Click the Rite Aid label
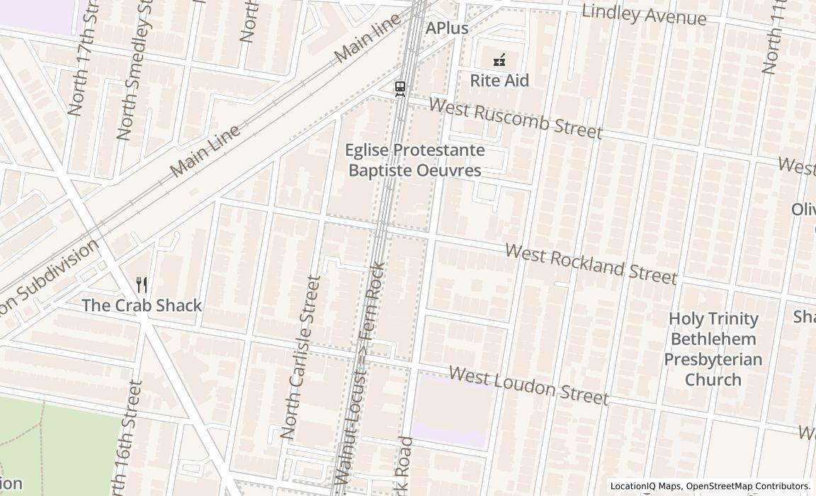tap(499, 81)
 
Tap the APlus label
tap(447, 28)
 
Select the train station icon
tap(400, 89)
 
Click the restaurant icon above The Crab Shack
tap(142, 285)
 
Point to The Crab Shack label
tap(142, 305)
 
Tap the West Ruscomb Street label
tap(516, 119)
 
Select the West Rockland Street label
tap(591, 264)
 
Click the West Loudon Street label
tap(528, 385)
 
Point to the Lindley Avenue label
tap(644, 14)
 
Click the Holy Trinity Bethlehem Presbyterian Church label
tap(714, 349)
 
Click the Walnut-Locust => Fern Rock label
tap(361, 376)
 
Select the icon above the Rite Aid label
tap(499, 61)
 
